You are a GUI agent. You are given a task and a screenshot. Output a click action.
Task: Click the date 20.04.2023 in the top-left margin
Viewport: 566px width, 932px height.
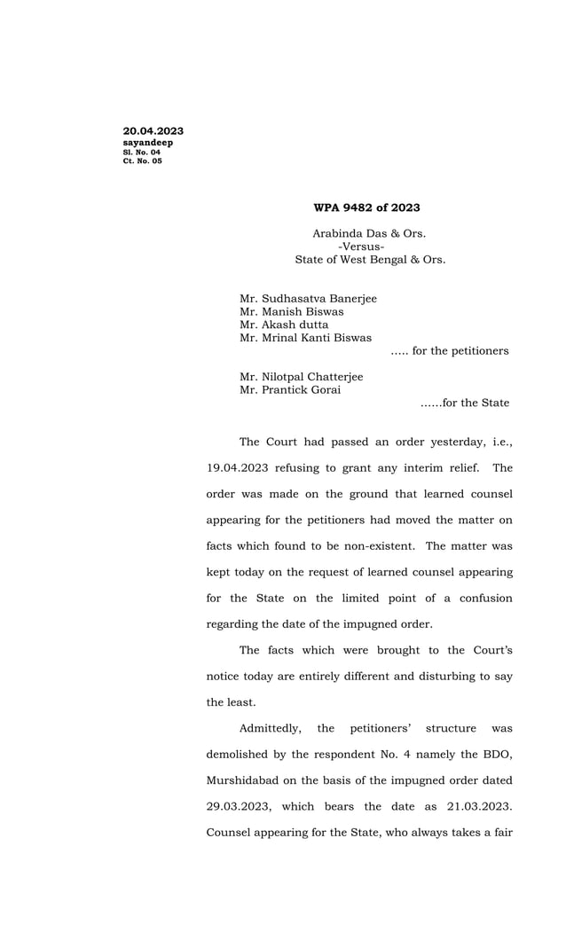pos(153,131)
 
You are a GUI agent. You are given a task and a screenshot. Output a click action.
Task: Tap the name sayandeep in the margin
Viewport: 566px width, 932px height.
pos(147,143)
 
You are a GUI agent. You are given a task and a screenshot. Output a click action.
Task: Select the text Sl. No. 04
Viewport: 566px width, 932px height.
pos(142,153)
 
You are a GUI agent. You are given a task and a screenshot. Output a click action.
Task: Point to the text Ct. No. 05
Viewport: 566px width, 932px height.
pos(142,161)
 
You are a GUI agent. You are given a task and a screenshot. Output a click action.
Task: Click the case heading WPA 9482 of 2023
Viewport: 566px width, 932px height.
pos(366,208)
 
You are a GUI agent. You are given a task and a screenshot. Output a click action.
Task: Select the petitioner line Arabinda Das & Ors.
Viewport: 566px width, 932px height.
pos(369,234)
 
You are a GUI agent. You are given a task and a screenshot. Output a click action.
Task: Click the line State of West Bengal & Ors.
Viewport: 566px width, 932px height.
pos(370,260)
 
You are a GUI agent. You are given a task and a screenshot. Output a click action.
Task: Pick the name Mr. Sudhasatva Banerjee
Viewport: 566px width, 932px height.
pos(308,299)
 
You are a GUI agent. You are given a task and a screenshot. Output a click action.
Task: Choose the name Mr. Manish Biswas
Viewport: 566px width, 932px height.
pos(291,311)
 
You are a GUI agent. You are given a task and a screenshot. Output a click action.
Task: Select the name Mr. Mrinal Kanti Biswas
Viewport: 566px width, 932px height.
pos(305,337)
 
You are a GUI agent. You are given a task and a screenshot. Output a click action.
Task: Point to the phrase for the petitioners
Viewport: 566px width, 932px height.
pos(460,350)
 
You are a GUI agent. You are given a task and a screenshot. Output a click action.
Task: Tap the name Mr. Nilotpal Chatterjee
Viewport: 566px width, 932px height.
pos(301,376)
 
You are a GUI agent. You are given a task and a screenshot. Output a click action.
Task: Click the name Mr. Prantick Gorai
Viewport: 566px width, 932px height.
pos(289,389)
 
